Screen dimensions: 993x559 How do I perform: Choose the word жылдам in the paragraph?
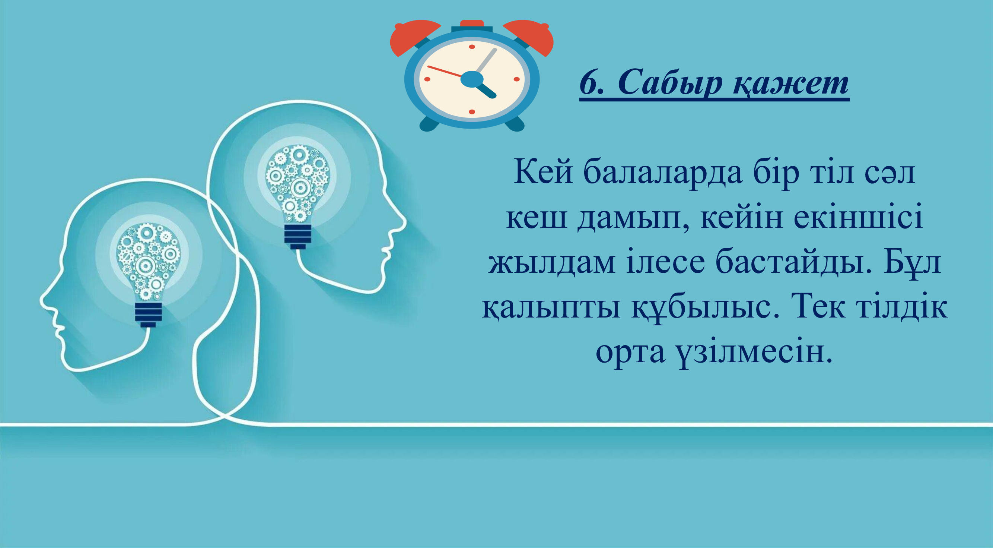[x=552, y=263]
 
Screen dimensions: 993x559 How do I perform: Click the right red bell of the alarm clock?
[x=531, y=37]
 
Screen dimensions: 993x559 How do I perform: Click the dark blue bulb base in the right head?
[x=297, y=236]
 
